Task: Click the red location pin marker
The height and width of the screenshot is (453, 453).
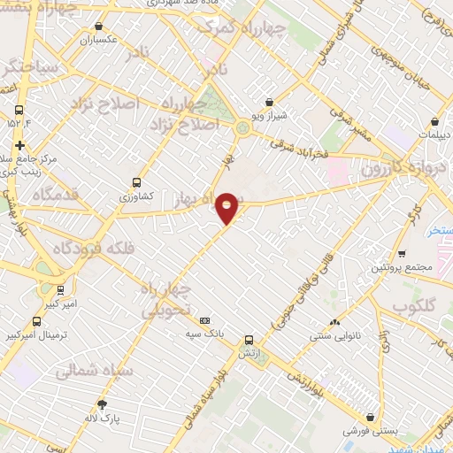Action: [x=227, y=207]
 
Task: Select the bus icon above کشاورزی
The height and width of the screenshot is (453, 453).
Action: [x=135, y=180]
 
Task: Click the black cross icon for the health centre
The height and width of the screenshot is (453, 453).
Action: [x=19, y=146]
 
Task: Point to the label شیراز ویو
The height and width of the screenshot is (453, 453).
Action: [x=271, y=116]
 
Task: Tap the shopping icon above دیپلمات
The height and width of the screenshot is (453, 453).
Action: [x=435, y=122]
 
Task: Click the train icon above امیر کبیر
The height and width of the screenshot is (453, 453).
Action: [x=60, y=288]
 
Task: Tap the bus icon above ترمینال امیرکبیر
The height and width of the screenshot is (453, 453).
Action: [x=37, y=321]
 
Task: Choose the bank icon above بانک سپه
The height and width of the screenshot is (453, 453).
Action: [x=206, y=320]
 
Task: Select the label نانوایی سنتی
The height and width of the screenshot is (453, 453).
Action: [x=333, y=337]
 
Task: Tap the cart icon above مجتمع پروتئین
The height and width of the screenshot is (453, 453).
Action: [x=401, y=252]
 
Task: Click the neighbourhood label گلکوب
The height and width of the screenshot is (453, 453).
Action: [x=415, y=308]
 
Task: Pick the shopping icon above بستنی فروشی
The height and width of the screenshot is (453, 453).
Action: [x=369, y=418]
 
